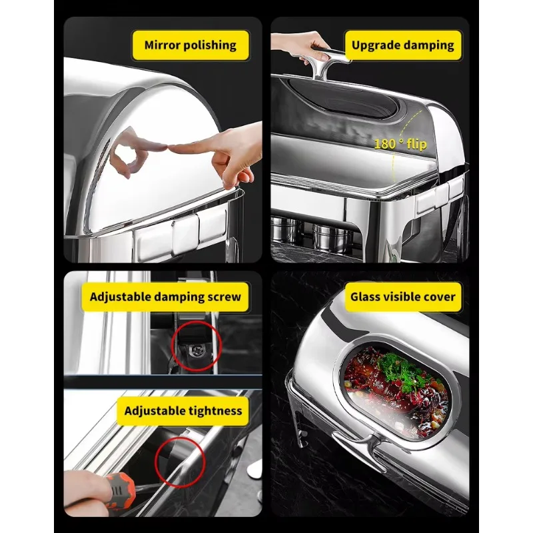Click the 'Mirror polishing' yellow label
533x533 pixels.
pyautogui.click(x=191, y=45)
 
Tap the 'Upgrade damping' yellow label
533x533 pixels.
pyautogui.click(x=403, y=45)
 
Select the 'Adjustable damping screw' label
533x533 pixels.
pyautogui.click(x=165, y=296)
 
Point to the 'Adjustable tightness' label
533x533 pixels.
pyautogui.click(x=183, y=410)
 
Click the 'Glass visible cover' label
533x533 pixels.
pyautogui.click(x=403, y=296)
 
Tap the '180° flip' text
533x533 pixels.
pyautogui.click(x=400, y=144)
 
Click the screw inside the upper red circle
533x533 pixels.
pyautogui.click(x=195, y=350)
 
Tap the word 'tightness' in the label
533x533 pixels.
pyautogui.click(x=215, y=410)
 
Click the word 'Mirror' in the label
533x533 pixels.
pyautogui.click(x=163, y=45)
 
